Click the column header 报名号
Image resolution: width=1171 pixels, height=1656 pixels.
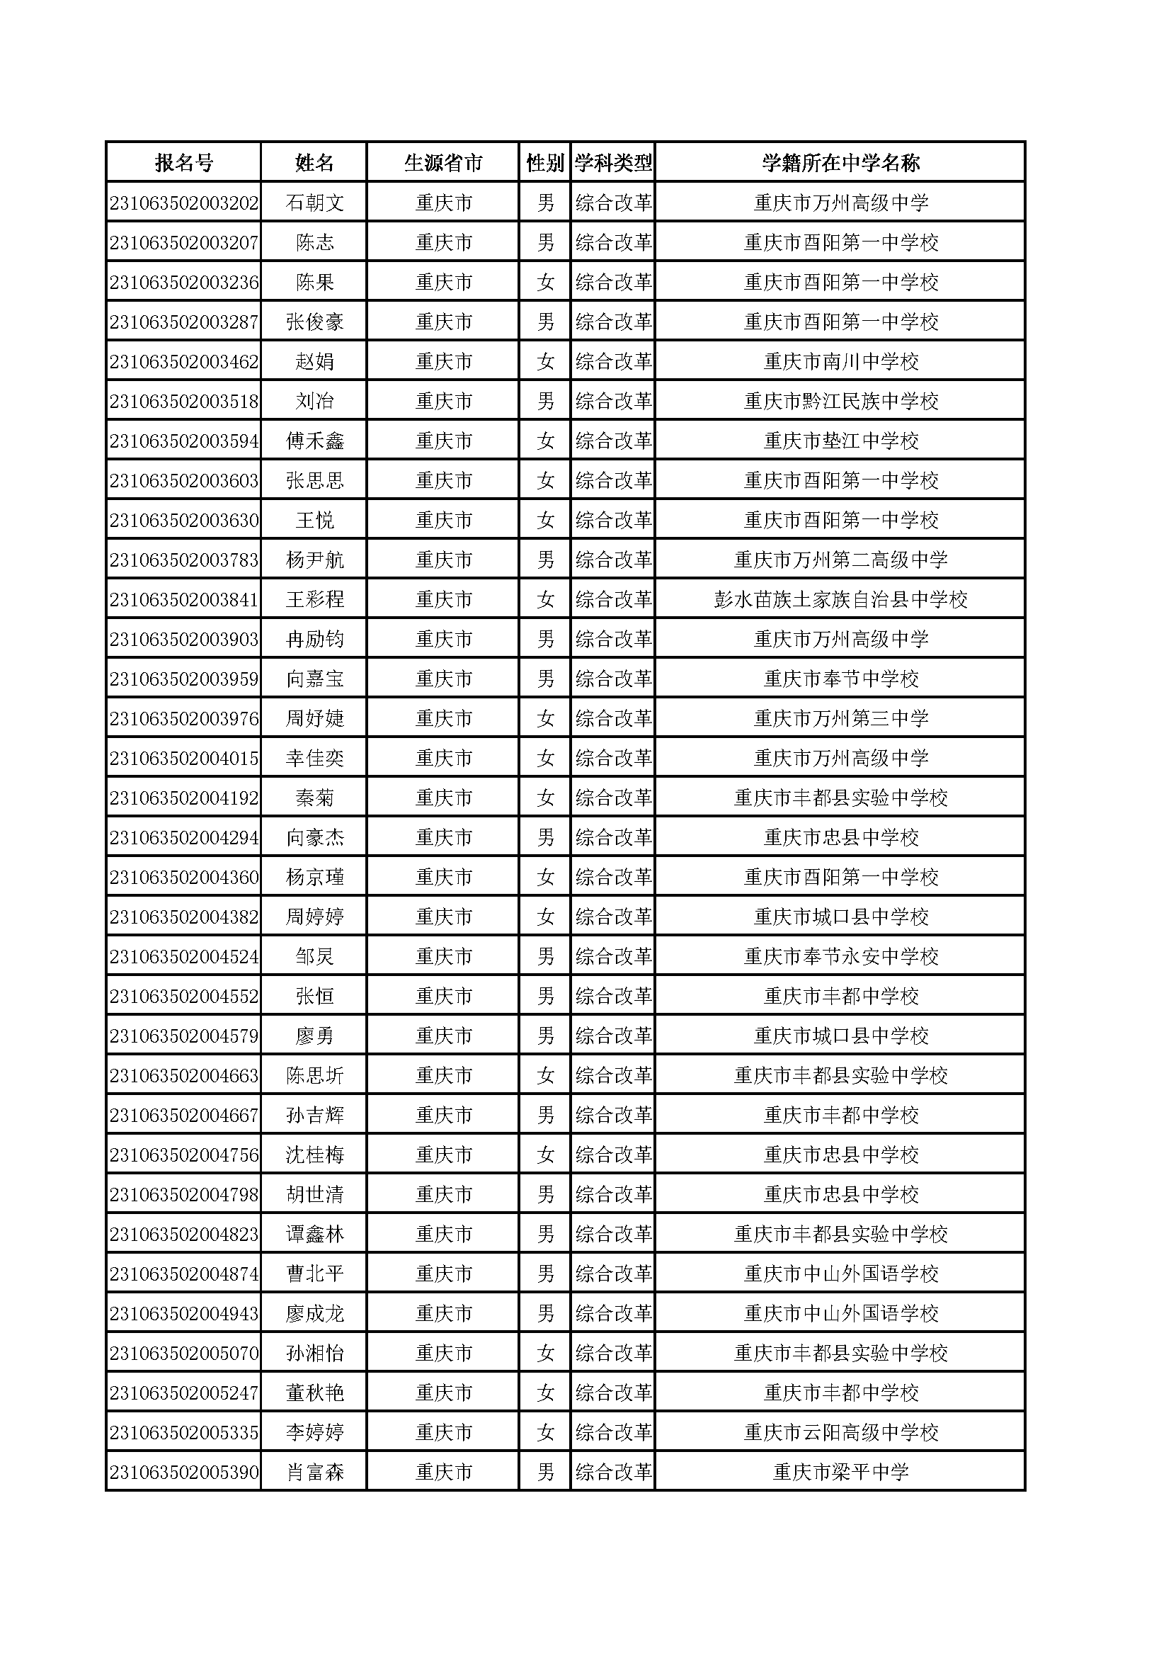pyautogui.click(x=184, y=163)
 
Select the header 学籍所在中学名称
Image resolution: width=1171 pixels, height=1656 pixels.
pyautogui.click(x=841, y=163)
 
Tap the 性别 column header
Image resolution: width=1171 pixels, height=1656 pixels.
pyautogui.click(x=544, y=163)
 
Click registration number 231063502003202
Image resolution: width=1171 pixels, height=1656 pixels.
pyautogui.click(x=184, y=203)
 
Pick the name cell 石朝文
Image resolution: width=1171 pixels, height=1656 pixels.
pyautogui.click(x=314, y=203)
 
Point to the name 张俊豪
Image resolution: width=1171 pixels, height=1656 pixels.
pyautogui.click(x=314, y=322)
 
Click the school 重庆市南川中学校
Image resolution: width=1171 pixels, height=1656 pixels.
pyautogui.click(x=841, y=362)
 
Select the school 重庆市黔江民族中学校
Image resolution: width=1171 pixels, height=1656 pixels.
pyautogui.click(x=841, y=402)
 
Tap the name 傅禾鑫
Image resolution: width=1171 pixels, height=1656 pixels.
pyautogui.click(x=314, y=441)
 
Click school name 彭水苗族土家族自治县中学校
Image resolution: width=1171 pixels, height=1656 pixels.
pyautogui.click(x=841, y=600)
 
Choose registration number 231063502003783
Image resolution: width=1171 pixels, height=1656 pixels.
pyautogui.click(x=184, y=560)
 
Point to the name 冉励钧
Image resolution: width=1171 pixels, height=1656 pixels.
pyautogui.click(x=314, y=640)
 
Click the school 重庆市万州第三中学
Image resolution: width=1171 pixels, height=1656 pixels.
pyautogui.click(x=841, y=719)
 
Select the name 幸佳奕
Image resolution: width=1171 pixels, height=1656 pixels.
pyautogui.click(x=314, y=759)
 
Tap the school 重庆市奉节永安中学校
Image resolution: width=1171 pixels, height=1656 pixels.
pyautogui.click(x=841, y=957)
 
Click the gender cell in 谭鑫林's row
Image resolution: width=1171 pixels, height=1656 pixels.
pyautogui.click(x=545, y=1235)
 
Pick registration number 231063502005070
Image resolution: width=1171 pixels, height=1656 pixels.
pyautogui.click(x=184, y=1354)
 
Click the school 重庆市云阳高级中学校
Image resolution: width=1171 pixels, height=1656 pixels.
pyautogui.click(x=841, y=1433)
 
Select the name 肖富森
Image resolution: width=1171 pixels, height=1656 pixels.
pyautogui.click(x=314, y=1473)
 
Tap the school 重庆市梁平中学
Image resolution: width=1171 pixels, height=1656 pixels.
pyautogui.click(x=841, y=1473)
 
